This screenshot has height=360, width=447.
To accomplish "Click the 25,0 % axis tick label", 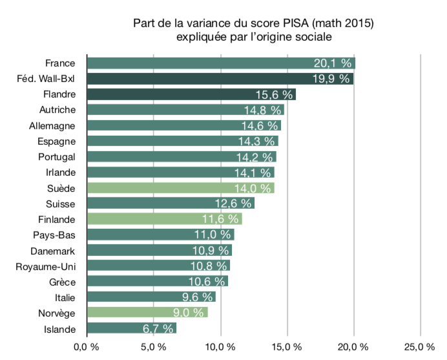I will [x=419, y=348].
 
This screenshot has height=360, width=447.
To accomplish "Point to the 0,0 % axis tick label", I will [x=86, y=348].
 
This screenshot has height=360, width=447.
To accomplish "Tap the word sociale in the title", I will [x=314, y=37].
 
